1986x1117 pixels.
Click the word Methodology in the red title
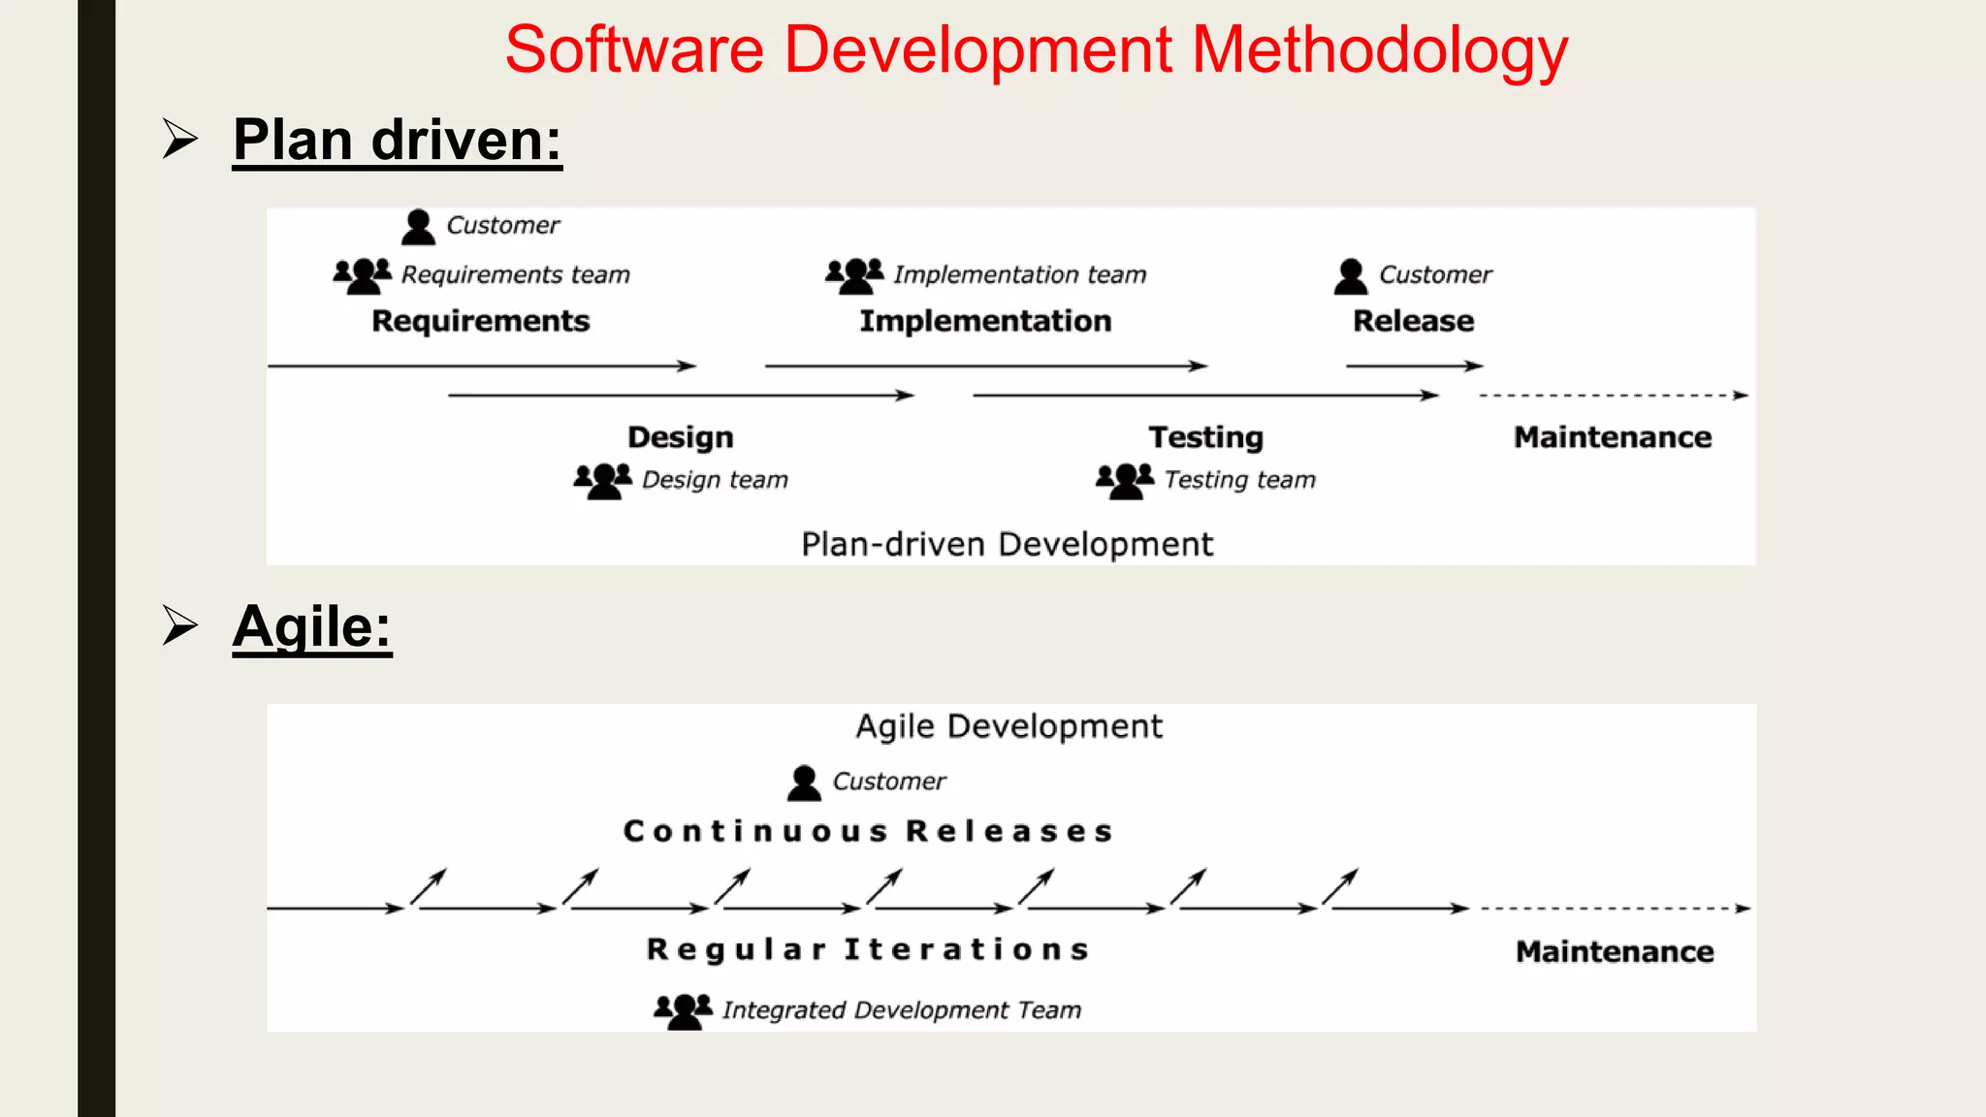point(1379,50)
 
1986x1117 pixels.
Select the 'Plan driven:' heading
point(397,140)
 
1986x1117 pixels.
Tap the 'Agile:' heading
point(311,626)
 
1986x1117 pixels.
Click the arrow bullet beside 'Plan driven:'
point(179,139)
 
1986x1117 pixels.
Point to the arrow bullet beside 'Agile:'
point(179,625)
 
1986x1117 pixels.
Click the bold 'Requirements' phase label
point(480,321)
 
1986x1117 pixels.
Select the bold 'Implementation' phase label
point(985,321)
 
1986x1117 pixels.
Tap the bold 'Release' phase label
point(1413,321)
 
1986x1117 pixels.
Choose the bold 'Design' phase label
point(680,437)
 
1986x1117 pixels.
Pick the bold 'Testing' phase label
point(1205,437)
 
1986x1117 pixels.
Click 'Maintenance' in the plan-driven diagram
point(1613,437)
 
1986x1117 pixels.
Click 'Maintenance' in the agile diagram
point(1615,951)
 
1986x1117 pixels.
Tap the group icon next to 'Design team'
point(602,480)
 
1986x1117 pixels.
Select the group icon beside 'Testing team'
point(1125,480)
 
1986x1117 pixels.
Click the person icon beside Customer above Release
point(1350,276)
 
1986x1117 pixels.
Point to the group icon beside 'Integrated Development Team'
point(683,1010)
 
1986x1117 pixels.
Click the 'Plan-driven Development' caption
point(1007,545)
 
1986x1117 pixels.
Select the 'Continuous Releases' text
point(868,832)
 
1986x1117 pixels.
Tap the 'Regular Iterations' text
point(868,949)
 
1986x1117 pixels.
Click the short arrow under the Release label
point(1414,366)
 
